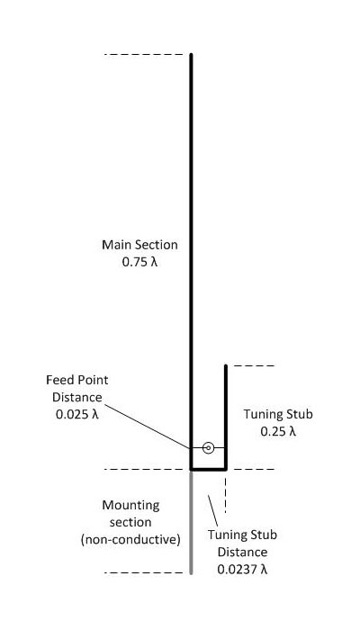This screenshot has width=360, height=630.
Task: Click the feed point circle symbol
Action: click(x=208, y=447)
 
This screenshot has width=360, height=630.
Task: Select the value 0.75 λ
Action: click(x=139, y=262)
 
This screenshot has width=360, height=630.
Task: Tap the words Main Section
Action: click(x=139, y=245)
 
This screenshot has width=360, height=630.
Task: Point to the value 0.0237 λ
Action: click(x=242, y=570)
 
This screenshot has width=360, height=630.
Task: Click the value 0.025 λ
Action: click(x=77, y=414)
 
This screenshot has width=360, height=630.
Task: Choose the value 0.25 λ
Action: click(x=278, y=431)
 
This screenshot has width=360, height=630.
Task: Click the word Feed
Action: click(x=58, y=380)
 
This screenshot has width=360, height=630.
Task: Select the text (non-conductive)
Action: click(x=130, y=540)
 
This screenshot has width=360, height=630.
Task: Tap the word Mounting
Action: click(x=130, y=505)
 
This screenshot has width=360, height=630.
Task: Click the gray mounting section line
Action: click(x=191, y=522)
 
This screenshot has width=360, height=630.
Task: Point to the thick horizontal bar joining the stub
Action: click(x=208, y=469)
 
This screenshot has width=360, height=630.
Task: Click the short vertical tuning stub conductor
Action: click(x=226, y=417)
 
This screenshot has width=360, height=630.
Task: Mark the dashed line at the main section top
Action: click(x=144, y=54)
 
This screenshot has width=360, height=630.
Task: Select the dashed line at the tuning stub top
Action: click(x=254, y=365)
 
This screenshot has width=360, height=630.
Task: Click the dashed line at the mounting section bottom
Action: click(x=144, y=572)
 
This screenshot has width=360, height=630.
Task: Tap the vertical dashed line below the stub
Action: click(x=225, y=495)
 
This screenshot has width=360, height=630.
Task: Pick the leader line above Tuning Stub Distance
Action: click(x=212, y=510)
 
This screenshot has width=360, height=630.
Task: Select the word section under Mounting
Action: click(x=130, y=522)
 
